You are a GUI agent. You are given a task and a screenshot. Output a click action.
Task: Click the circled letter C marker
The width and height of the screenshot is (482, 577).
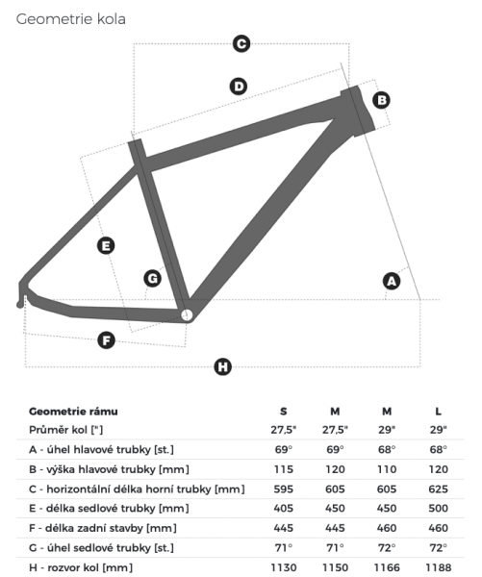[241, 44]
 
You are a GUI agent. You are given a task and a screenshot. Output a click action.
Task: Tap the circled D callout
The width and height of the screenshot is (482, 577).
[239, 87]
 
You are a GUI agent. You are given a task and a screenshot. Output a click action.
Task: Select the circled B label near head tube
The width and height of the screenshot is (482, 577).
[382, 100]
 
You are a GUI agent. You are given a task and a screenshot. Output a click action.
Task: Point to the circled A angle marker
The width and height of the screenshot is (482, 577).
[392, 281]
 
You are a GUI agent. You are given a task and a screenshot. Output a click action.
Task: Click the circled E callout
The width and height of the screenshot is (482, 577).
[106, 246]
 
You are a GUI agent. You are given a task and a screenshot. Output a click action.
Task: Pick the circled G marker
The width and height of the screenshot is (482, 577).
[152, 278]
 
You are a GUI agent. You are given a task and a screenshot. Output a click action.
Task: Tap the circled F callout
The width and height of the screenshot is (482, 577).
[107, 340]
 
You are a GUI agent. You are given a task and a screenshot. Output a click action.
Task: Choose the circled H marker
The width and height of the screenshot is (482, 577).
[223, 367]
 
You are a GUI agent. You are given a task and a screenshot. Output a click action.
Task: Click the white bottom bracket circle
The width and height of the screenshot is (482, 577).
[187, 315]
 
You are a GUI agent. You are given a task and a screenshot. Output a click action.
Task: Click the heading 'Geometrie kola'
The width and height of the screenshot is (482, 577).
[70, 19]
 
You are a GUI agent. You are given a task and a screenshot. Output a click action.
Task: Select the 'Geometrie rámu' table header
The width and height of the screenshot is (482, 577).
[73, 412]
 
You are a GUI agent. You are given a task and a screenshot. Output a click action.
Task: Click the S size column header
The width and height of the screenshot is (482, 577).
[283, 412]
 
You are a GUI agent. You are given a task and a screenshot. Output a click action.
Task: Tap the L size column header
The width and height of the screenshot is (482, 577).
[438, 412]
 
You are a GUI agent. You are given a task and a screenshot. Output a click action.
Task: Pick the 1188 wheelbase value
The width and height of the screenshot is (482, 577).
[438, 567]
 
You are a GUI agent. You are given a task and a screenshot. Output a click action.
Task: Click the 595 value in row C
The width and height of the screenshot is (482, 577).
[283, 489]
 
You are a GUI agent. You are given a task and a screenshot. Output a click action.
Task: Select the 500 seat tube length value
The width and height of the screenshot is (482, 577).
[438, 508]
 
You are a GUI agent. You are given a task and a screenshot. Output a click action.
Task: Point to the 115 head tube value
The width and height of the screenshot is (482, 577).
[283, 469]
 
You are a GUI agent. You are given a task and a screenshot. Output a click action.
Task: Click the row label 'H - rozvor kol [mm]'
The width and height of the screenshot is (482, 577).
[81, 567]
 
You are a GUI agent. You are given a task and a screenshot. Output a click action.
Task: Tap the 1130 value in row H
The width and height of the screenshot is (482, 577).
[283, 567]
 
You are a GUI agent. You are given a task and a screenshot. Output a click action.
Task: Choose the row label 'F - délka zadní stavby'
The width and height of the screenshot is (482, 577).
[86, 528]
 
